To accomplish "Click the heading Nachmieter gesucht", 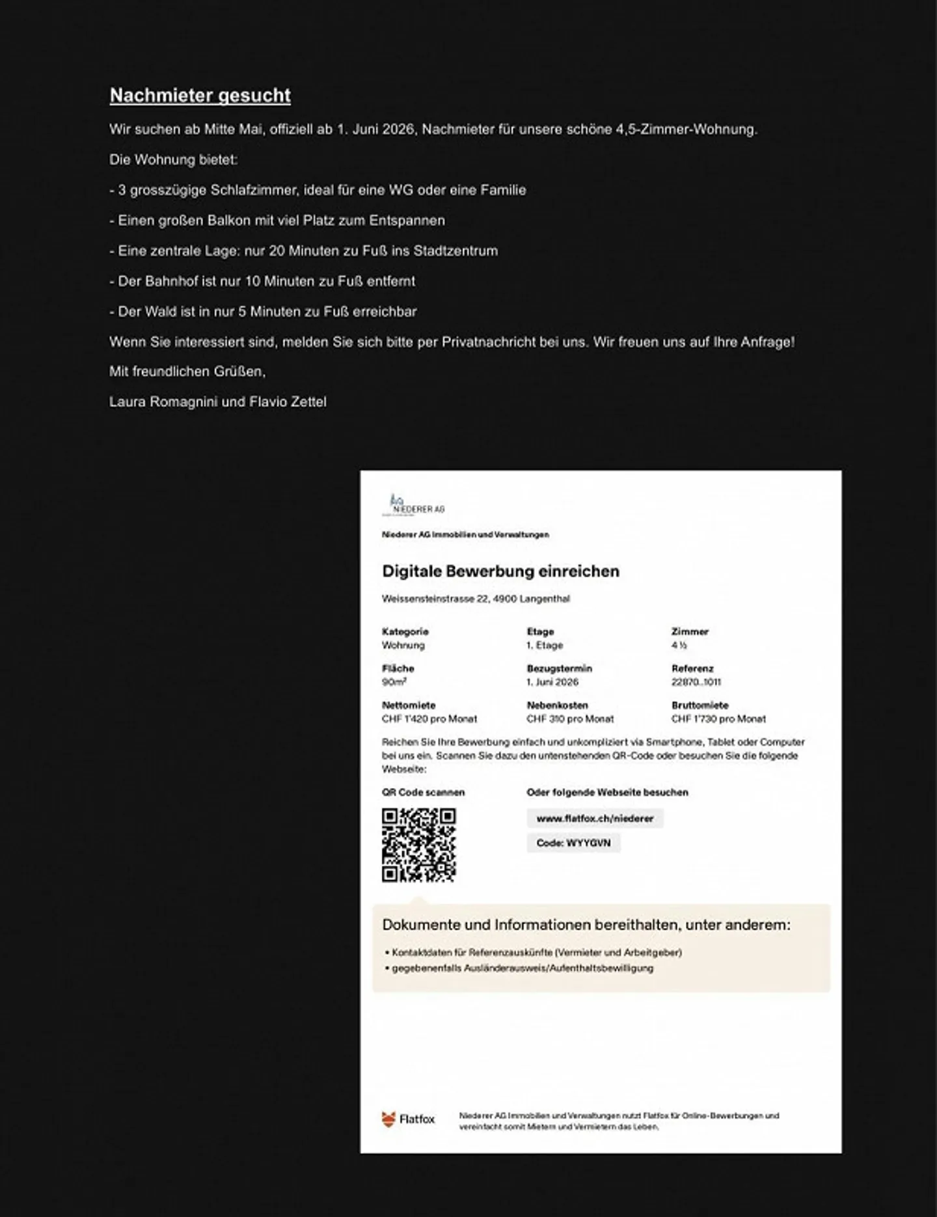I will click(200, 96).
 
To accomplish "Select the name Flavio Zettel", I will click(288, 402).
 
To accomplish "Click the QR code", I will click(418, 845).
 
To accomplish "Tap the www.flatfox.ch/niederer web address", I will click(595, 819).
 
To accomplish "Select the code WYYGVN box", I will click(573, 843).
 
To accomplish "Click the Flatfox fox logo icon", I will click(388, 1119).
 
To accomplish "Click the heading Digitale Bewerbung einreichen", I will click(500, 571).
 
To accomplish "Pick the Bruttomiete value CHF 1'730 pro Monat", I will click(718, 719).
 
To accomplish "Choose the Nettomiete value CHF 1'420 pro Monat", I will click(429, 719).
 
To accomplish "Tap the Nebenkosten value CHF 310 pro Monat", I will click(570, 719).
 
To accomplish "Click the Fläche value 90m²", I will click(394, 682).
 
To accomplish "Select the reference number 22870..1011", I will click(696, 682).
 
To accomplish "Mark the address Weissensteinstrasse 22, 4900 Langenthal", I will click(476, 599).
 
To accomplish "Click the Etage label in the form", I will click(540, 631).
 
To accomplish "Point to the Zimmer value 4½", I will click(679, 645).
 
